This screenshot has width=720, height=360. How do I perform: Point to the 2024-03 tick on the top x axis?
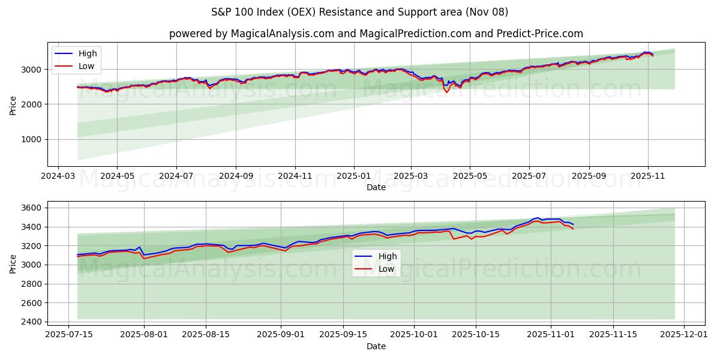pos(58,176)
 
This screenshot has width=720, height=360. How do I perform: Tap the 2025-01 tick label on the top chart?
pos(353,176)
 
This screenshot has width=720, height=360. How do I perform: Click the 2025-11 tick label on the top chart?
pos(647,176)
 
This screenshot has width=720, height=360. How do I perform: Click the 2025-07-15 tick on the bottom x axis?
pos(68,334)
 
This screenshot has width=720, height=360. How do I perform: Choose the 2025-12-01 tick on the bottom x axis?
pos(683,334)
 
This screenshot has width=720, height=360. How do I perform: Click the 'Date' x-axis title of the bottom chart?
pos(376,346)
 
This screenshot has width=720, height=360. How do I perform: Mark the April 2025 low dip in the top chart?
pos(446,92)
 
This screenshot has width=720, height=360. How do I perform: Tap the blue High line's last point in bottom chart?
pos(573,224)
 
